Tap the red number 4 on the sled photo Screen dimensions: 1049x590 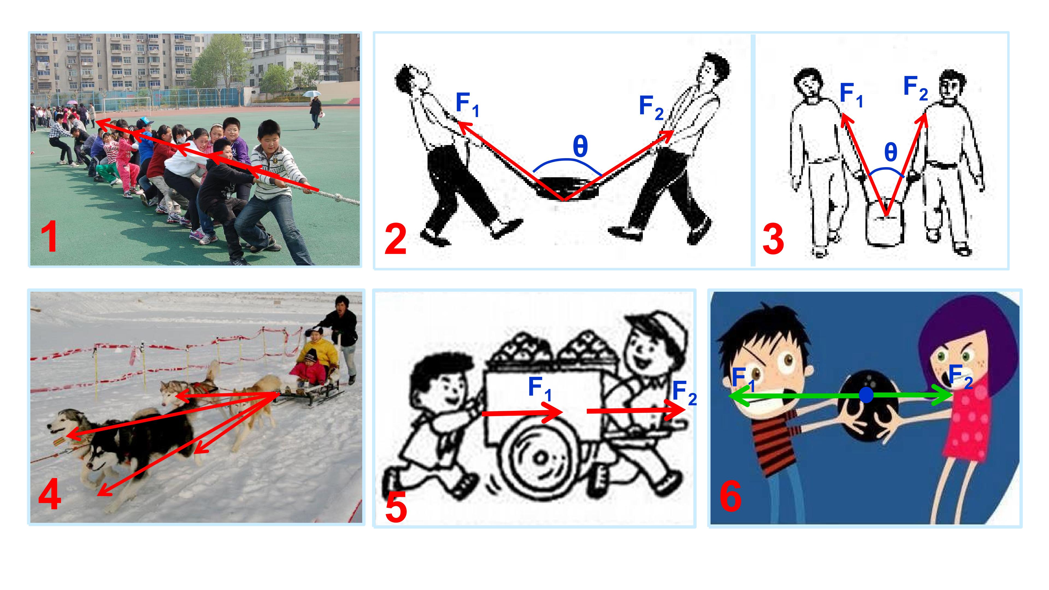click(x=50, y=495)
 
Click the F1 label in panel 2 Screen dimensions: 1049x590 click(x=467, y=104)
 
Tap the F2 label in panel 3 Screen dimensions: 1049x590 click(x=915, y=88)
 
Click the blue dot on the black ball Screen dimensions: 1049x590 click(x=866, y=395)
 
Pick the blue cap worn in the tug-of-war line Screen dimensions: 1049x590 click(x=145, y=122)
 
